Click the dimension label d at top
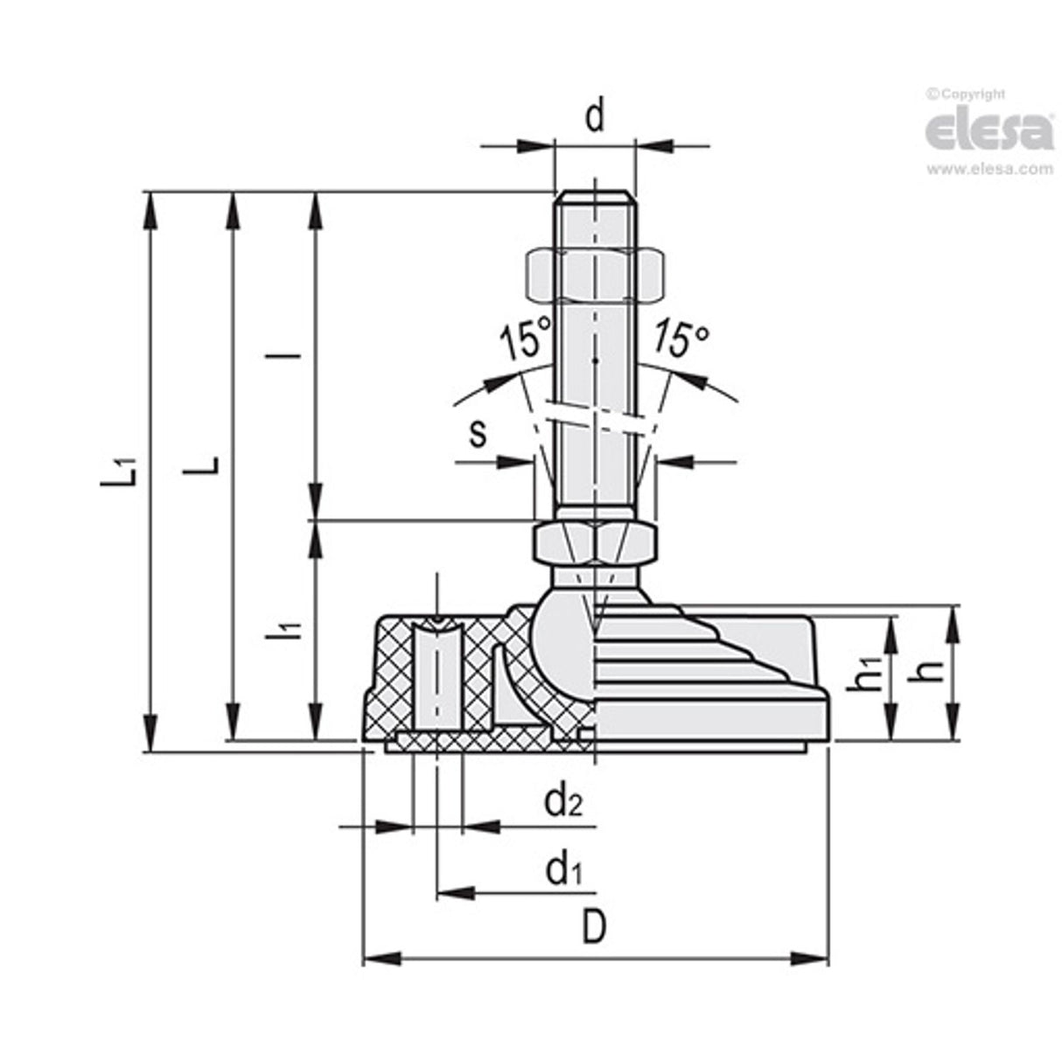coord(595,115)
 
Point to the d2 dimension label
coord(563,800)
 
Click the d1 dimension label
coord(563,870)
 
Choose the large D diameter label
coord(594,928)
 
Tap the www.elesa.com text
coord(989,170)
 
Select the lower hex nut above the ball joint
coord(594,542)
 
